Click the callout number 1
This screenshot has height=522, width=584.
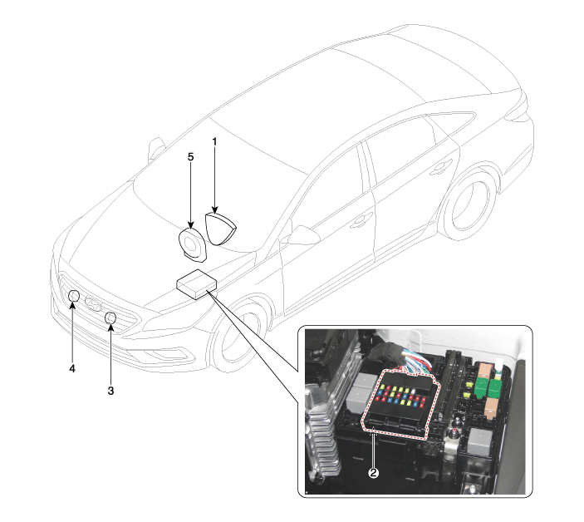click(x=214, y=142)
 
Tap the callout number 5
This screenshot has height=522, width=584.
click(x=191, y=157)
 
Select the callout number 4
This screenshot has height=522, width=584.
click(x=72, y=368)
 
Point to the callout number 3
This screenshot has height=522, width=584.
click(x=110, y=391)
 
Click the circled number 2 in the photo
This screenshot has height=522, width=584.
click(x=374, y=472)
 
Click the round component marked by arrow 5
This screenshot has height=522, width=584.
click(x=192, y=244)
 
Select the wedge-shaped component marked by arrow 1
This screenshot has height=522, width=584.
click(x=220, y=229)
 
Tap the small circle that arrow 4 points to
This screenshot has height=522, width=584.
click(x=74, y=296)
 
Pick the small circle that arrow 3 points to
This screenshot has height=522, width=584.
click(x=110, y=318)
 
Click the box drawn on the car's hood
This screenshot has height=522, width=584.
click(x=196, y=284)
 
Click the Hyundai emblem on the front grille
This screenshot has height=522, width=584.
click(x=94, y=303)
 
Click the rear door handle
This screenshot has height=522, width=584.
click(x=440, y=170)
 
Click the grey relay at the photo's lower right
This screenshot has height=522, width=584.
click(x=480, y=441)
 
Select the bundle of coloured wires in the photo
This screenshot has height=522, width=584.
click(x=415, y=361)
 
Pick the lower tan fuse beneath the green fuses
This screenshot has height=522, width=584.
click(x=492, y=406)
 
